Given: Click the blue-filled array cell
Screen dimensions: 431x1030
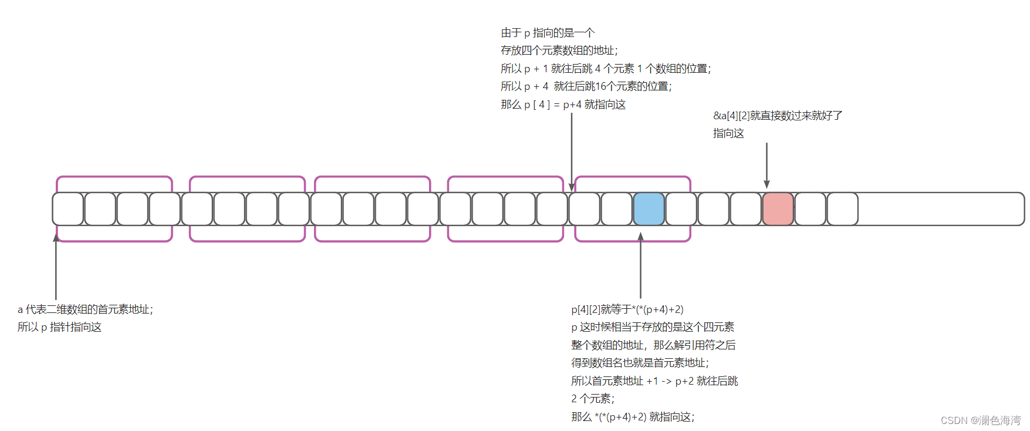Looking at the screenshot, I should tap(649, 209).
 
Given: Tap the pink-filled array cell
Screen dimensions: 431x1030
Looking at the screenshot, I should tap(778, 209).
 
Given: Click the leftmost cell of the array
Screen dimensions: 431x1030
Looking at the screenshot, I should tap(68, 209).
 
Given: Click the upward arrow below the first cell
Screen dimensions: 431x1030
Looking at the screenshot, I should tap(56, 267).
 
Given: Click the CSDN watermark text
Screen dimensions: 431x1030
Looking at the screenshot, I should tap(980, 420).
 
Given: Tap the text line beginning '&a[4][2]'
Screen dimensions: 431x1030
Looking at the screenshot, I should tap(778, 116).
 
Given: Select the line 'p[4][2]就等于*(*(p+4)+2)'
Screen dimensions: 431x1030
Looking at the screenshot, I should tap(627, 309).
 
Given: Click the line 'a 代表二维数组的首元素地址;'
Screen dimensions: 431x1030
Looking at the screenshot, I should tap(85, 309).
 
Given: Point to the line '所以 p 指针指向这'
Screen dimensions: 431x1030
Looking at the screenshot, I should tap(59, 327).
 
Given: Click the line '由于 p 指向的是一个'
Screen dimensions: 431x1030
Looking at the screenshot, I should tap(548, 33).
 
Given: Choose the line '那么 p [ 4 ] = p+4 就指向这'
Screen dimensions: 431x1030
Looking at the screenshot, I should tap(563, 105).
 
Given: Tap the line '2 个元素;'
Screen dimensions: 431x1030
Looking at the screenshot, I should tap(593, 399).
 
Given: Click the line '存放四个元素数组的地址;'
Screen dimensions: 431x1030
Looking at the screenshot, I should tap(559, 50).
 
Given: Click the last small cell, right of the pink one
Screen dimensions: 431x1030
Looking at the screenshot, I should tap(842, 209).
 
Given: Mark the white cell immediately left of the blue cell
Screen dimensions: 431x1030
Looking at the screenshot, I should tap(616, 209).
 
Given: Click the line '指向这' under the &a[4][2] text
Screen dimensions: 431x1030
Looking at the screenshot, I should tap(728, 133).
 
